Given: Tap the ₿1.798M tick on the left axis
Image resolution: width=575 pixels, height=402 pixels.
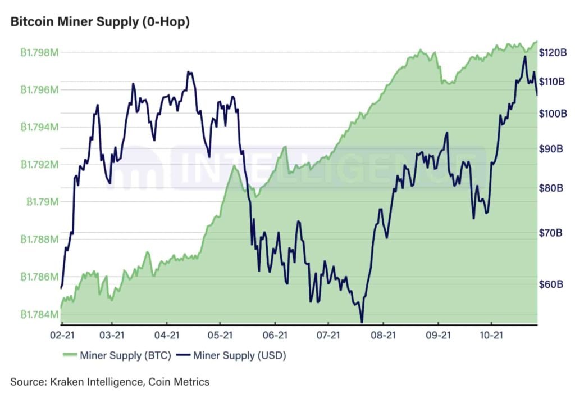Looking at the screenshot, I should (x=39, y=53).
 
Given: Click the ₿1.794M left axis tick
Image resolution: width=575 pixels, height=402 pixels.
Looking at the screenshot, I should (x=39, y=127).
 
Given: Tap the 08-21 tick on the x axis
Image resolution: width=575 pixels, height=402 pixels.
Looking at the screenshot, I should (x=382, y=336).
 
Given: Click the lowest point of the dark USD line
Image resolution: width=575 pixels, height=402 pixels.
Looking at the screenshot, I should (x=362, y=322).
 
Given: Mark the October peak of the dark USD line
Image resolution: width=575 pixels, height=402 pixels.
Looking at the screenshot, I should (x=525, y=56).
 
